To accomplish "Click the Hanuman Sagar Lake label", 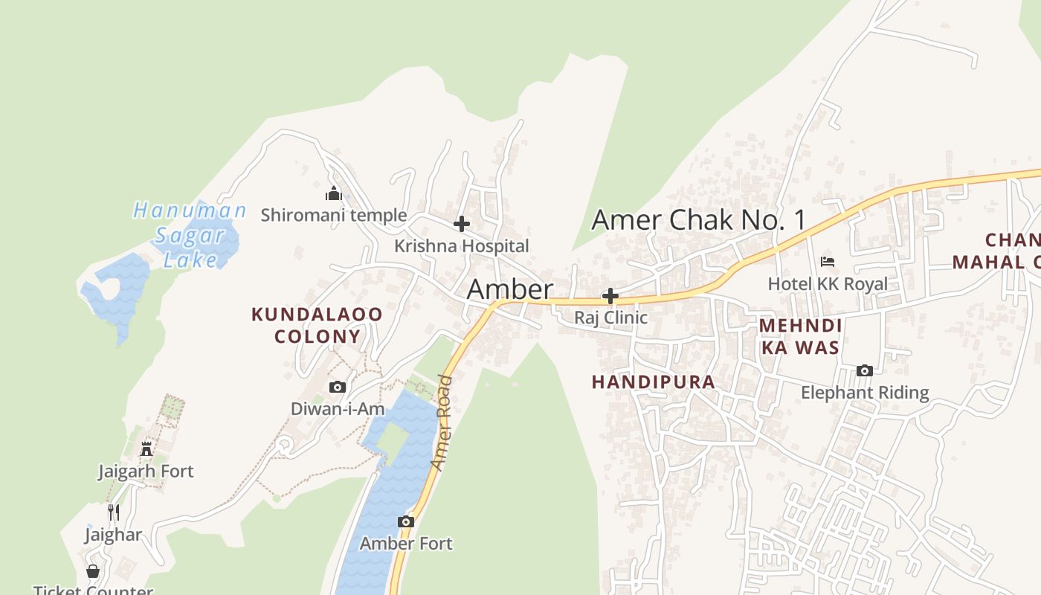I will click(x=189, y=234).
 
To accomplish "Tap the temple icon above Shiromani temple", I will click(x=333, y=194).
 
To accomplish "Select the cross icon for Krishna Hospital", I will click(x=462, y=223).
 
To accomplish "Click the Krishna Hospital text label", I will click(x=462, y=246).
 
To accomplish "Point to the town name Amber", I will click(x=510, y=289).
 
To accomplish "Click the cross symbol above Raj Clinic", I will click(x=610, y=296).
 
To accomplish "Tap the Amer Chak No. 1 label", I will click(x=699, y=220).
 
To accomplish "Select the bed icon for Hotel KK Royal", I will click(x=828, y=261).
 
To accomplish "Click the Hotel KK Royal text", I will click(x=828, y=284).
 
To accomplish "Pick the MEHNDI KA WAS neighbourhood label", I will click(x=800, y=336).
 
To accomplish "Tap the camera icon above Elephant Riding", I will click(x=864, y=370).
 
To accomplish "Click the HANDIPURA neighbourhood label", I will click(x=653, y=382).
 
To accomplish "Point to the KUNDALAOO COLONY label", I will click(x=317, y=325).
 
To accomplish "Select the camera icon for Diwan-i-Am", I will click(x=338, y=387).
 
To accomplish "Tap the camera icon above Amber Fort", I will click(x=406, y=521).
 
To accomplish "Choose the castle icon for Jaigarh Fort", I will click(x=146, y=448).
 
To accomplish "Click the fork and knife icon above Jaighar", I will click(x=114, y=512).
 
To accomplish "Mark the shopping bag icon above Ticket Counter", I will click(x=93, y=571).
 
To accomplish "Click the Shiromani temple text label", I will click(x=334, y=216).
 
